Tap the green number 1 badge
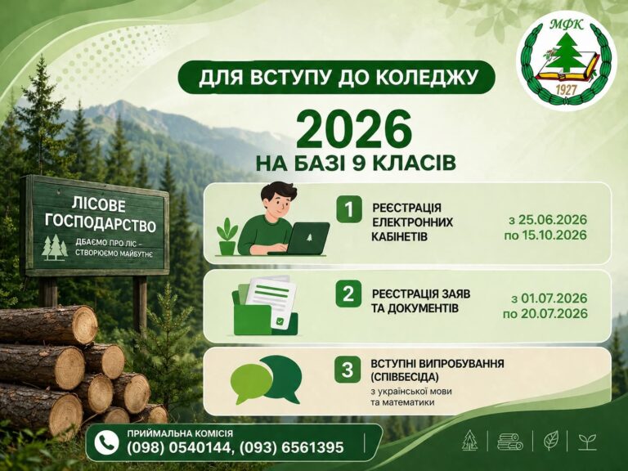(349, 209)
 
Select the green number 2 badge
(348, 294)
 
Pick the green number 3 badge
(348, 370)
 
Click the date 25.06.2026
(552, 220)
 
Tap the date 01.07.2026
(554, 298)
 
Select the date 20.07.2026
(554, 314)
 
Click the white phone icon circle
(106, 443)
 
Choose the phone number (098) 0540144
(178, 447)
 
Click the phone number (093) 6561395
(292, 447)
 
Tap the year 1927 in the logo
(566, 90)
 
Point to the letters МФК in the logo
(567, 25)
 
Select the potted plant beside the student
(227, 236)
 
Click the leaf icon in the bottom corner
(551, 441)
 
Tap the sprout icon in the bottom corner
(587, 442)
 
